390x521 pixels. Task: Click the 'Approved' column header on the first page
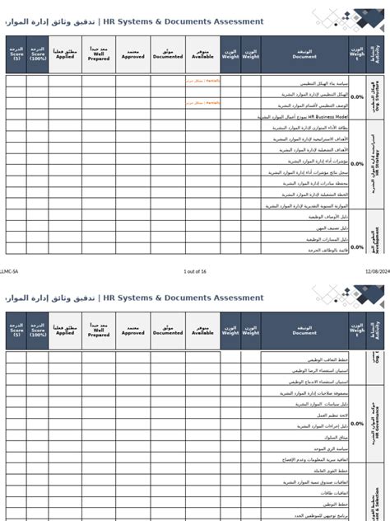[133, 54]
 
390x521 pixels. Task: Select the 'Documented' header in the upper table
[168, 54]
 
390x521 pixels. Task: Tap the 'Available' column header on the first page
[202, 54]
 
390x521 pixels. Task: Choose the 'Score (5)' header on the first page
[16, 54]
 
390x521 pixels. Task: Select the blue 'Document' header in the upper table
[304, 54]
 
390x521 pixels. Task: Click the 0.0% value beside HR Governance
[357, 424]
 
